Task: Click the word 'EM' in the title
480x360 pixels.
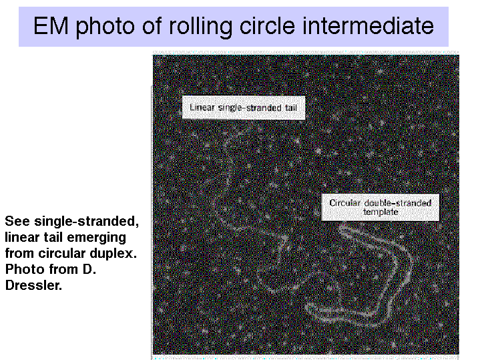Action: [51, 26]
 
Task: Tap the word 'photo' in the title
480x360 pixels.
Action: [105, 27]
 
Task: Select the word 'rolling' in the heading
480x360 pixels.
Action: [200, 27]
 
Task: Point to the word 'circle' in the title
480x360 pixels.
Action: [267, 26]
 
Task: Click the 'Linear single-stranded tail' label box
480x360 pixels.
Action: [244, 108]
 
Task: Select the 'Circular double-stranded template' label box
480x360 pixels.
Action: [381, 207]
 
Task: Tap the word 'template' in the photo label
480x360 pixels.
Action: [381, 212]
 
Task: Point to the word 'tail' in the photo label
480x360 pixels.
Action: [290, 108]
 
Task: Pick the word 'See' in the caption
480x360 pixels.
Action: [17, 221]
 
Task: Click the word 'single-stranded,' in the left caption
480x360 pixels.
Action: [87, 222]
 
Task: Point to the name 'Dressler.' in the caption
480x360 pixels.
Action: [33, 286]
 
